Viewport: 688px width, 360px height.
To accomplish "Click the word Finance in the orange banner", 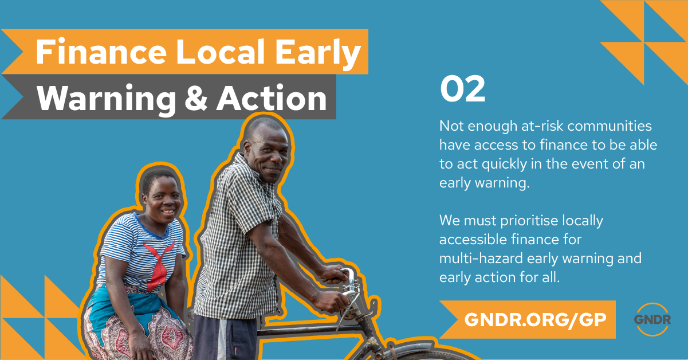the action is click(x=101, y=52).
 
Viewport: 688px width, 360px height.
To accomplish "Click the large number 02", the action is click(x=462, y=89).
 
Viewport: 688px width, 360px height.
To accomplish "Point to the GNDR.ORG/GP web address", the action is click(x=536, y=319).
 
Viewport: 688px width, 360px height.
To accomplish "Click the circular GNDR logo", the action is click(x=652, y=320).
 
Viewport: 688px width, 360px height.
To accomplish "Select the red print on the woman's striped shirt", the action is click(x=159, y=264).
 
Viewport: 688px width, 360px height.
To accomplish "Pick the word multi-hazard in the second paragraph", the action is click(x=481, y=258).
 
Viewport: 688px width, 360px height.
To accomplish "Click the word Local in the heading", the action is click(x=220, y=52).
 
